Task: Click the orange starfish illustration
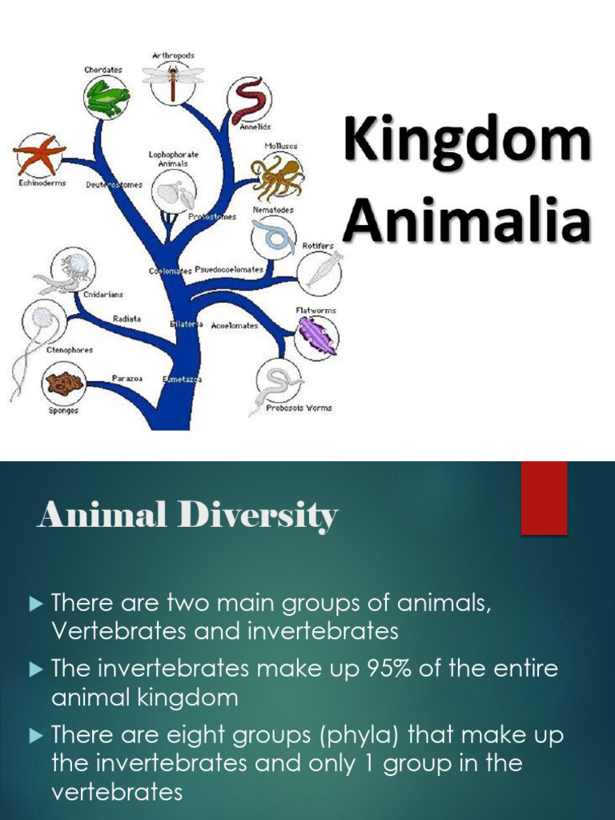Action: pyautogui.click(x=38, y=155)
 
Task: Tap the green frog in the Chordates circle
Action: pyautogui.click(x=107, y=98)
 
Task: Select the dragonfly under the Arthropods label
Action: pyautogui.click(x=171, y=79)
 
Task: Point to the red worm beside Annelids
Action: pyautogui.click(x=249, y=100)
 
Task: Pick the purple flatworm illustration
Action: pyautogui.click(x=316, y=336)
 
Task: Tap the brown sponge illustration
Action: pyautogui.click(x=64, y=384)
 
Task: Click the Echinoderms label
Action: pyautogui.click(x=42, y=183)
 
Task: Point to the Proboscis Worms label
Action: pyautogui.click(x=299, y=408)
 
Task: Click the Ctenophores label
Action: pyautogui.click(x=70, y=350)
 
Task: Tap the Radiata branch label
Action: pyautogui.click(x=127, y=318)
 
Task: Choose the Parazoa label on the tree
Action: pyautogui.click(x=127, y=378)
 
